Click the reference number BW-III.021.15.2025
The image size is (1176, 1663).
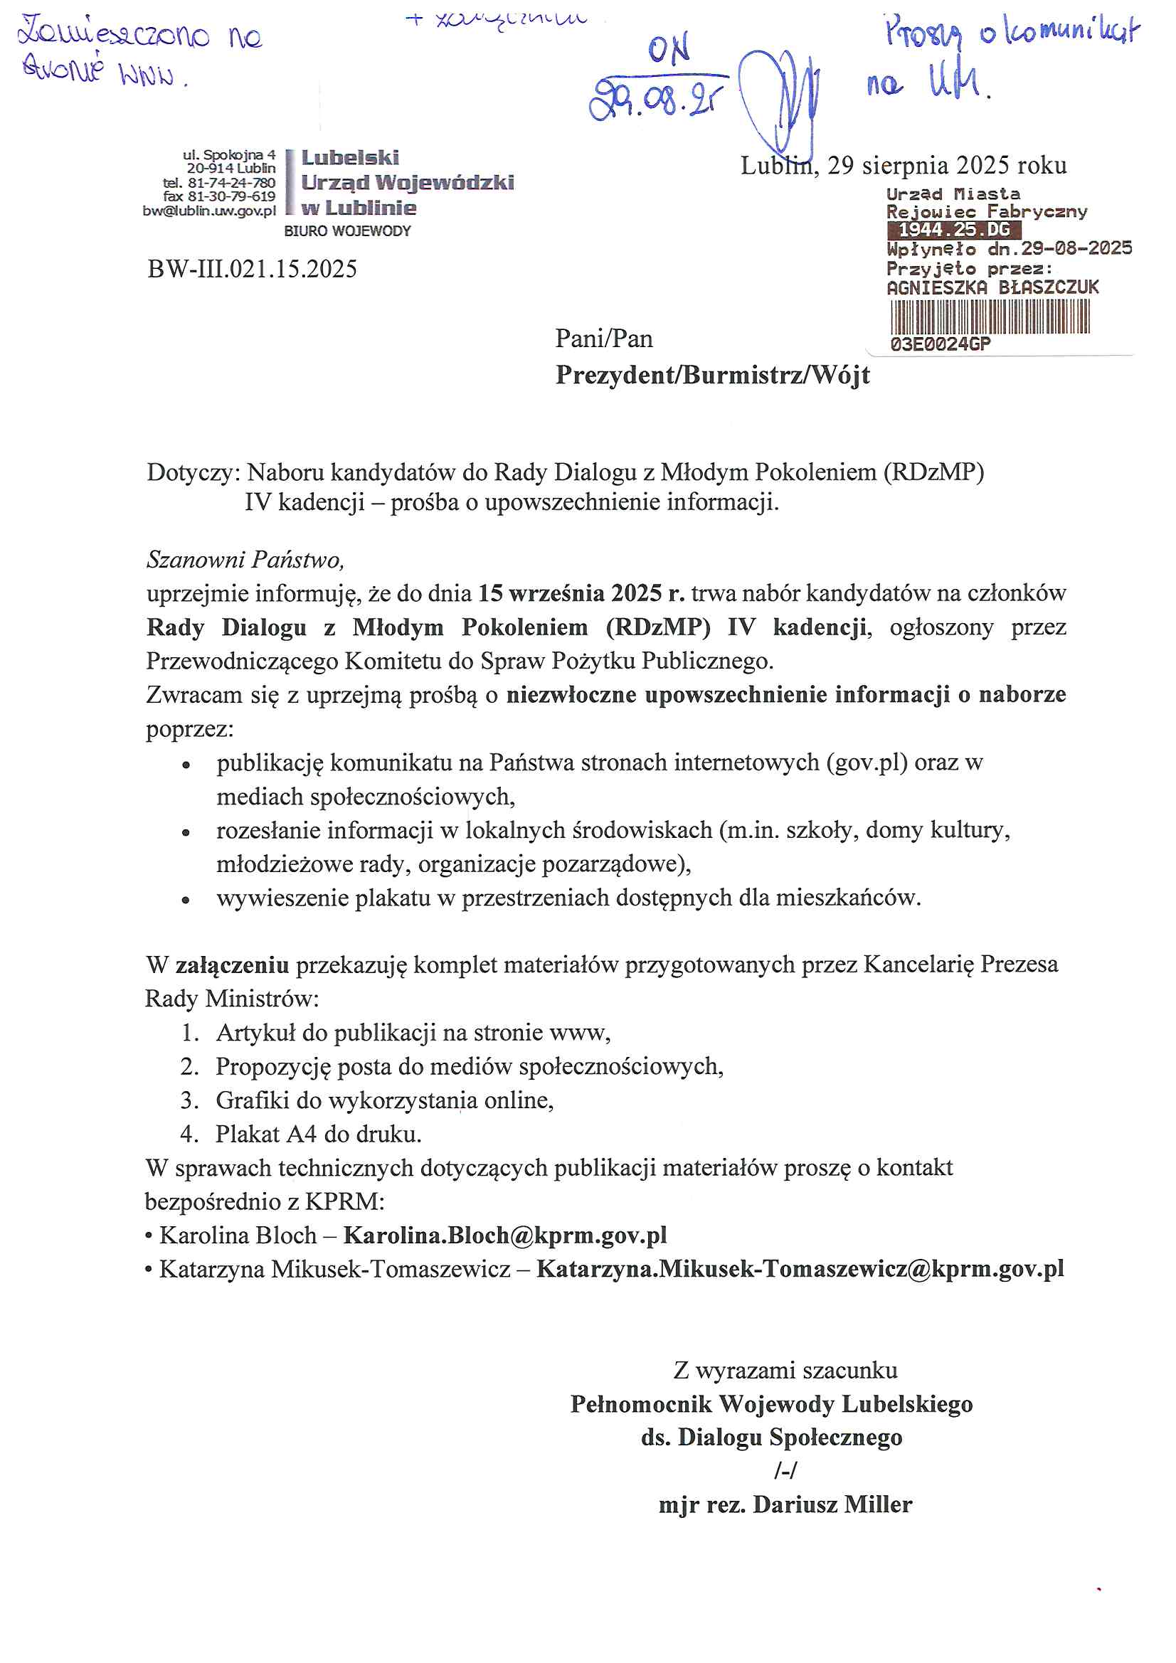click(x=252, y=270)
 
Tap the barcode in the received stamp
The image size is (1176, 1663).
click(x=990, y=317)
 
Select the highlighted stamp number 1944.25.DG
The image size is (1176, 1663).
click(x=953, y=230)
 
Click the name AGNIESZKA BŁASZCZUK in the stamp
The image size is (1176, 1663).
click(x=992, y=287)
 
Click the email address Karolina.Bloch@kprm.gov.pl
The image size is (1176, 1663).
click(x=505, y=1235)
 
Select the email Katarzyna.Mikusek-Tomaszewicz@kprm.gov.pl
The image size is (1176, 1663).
click(x=800, y=1269)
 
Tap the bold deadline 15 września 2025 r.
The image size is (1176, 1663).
click(x=581, y=593)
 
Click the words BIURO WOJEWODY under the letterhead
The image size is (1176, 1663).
click(x=347, y=231)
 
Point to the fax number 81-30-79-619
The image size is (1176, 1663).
click(x=231, y=196)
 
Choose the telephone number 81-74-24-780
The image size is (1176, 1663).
click(x=231, y=183)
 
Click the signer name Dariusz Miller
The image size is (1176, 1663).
click(x=832, y=1505)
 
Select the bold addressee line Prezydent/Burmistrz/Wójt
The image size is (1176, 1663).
click(x=712, y=375)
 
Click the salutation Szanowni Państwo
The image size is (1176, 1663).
click(x=245, y=560)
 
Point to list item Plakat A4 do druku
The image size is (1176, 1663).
click(x=318, y=1135)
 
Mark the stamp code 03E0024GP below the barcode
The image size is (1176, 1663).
click(x=940, y=344)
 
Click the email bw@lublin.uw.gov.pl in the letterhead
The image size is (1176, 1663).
click(x=209, y=211)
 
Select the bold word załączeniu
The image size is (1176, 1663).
click(x=233, y=965)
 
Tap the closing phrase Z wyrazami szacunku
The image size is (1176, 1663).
click(x=785, y=1371)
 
